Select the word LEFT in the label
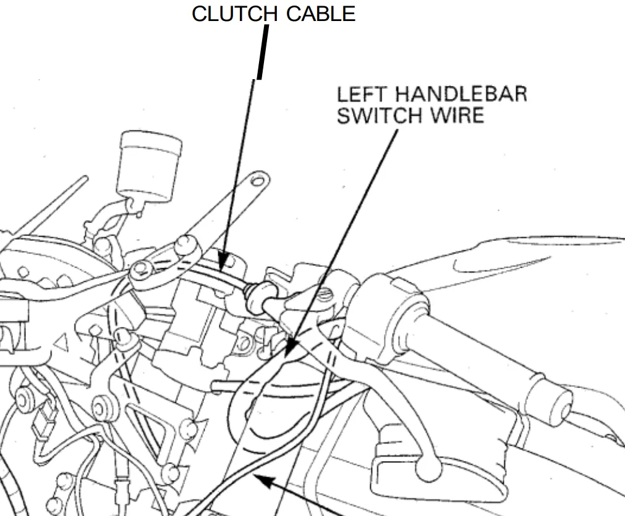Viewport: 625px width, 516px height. click(362, 95)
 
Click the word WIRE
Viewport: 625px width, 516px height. click(456, 115)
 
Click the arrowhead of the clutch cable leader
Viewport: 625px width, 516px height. click(223, 263)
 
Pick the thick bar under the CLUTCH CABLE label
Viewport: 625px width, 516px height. click(263, 52)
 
